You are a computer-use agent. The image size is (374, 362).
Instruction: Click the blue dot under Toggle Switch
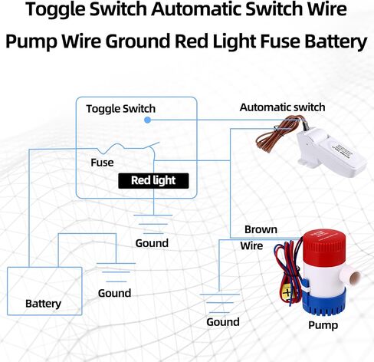tap(147, 120)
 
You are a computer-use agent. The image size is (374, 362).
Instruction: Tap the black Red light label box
tap(153, 181)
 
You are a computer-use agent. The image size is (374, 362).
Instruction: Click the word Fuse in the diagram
tap(102, 163)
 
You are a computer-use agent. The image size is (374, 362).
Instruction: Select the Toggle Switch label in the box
tap(120, 109)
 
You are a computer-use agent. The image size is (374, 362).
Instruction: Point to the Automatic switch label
tap(282, 107)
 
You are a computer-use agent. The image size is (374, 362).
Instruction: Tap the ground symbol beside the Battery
tap(116, 272)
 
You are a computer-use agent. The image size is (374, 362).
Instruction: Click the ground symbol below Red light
tap(153, 224)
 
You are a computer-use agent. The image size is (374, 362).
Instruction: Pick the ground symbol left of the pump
tap(219, 303)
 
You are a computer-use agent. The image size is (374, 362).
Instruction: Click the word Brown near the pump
tap(261, 229)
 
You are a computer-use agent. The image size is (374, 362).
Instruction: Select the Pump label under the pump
tap(323, 325)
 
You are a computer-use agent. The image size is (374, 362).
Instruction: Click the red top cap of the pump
tap(324, 244)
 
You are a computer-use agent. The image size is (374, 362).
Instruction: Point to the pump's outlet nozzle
tap(351, 277)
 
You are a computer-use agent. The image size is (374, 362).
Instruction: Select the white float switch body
tap(330, 151)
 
